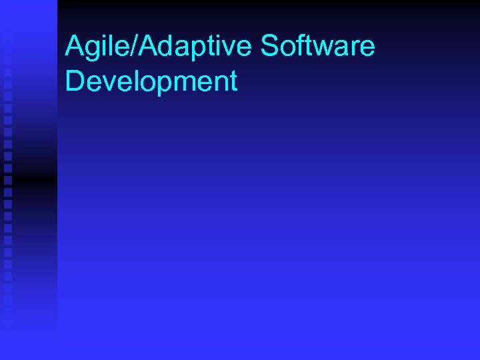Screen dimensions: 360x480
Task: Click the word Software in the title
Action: (x=318, y=47)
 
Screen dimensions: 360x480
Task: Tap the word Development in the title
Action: (x=151, y=81)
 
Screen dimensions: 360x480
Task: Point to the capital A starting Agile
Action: (x=73, y=47)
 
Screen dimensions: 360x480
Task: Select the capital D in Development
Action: (x=74, y=81)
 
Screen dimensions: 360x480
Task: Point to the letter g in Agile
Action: (x=90, y=50)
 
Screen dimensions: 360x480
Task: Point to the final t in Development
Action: (x=233, y=82)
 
